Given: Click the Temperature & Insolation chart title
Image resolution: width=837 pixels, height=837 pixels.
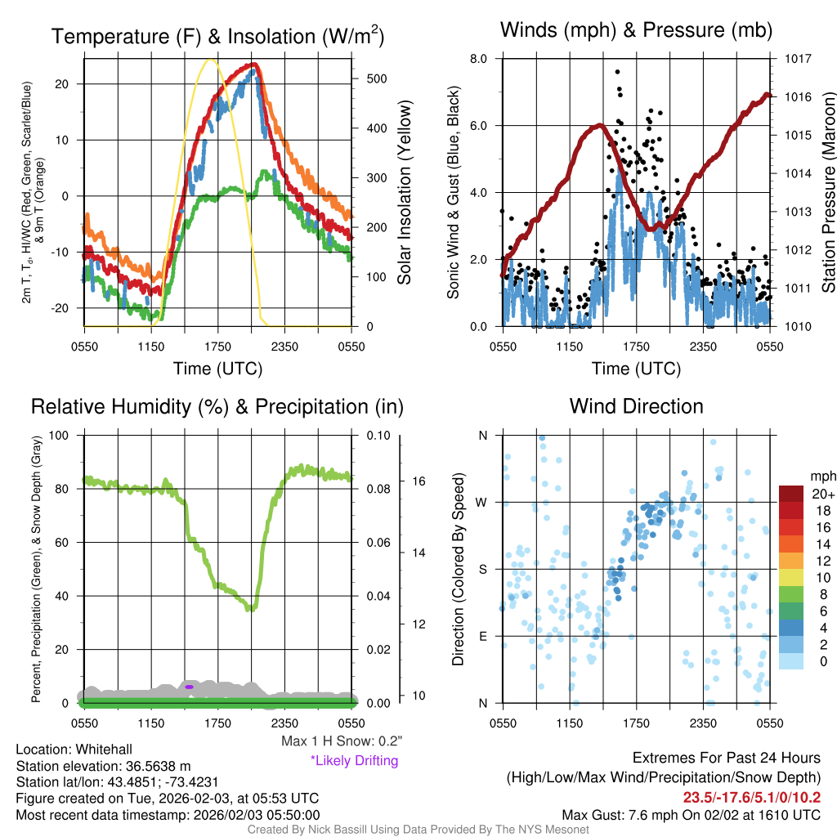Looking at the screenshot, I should point(217,37).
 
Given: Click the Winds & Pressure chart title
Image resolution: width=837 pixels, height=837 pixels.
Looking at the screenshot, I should point(636,31).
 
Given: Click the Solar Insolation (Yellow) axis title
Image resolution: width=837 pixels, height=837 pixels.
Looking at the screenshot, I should point(405,192).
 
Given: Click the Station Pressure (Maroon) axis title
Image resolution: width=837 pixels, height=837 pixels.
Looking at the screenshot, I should point(827,192).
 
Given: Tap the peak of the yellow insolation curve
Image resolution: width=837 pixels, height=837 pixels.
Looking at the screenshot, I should point(211,60).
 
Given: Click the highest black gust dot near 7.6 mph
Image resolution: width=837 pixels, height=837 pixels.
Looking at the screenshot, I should point(618,72).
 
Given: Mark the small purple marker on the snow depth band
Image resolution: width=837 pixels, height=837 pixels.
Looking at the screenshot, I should point(189,687).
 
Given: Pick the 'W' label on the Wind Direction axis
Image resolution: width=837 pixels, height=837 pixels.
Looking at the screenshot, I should point(482,502).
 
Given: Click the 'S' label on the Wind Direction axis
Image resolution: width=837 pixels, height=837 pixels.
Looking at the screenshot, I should point(482,569).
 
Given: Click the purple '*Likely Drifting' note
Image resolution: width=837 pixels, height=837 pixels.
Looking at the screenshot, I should point(354,760).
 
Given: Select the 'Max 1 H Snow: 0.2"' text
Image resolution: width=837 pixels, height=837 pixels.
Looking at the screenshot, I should point(341,741).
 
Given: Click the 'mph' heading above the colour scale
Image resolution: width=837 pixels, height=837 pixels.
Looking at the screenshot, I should point(821,477).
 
